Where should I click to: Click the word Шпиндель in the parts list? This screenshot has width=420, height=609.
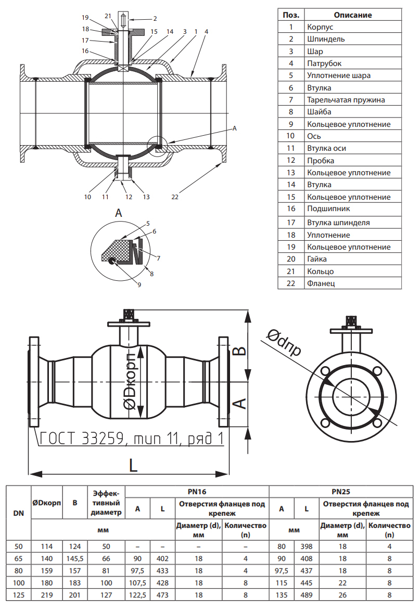[325, 39]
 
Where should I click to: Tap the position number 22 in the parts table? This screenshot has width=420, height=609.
[291, 283]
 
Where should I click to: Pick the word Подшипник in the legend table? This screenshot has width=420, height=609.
[328, 209]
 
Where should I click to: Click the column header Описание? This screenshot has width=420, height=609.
[353, 15]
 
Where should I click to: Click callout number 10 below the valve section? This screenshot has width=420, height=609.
[87, 197]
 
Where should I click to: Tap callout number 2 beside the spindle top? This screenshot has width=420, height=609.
[140, 19]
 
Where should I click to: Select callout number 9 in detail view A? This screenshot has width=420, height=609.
[139, 284]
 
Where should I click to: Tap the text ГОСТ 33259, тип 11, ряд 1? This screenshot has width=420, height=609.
[132, 438]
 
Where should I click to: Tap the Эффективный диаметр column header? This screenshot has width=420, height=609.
[106, 503]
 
